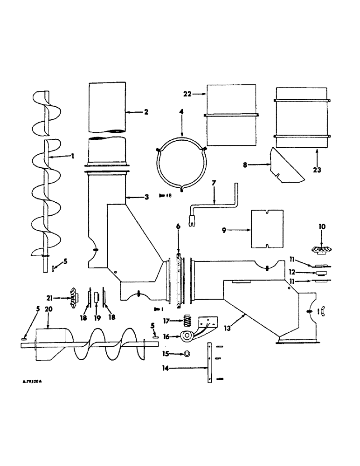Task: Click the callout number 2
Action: [x=133, y=112]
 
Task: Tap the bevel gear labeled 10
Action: [x=321, y=249]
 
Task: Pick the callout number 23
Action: [x=317, y=171]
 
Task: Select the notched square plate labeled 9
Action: [x=268, y=229]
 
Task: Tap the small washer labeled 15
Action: [x=187, y=354]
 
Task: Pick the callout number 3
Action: [x=146, y=197]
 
